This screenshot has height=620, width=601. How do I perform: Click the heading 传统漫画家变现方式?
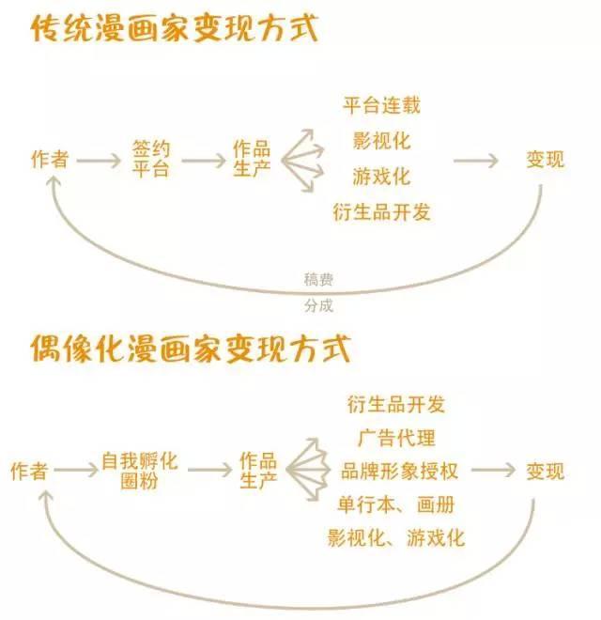click(x=175, y=28)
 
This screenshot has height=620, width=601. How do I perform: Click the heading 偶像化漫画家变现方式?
click(x=191, y=349)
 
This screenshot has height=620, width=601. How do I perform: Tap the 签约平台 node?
click(x=150, y=159)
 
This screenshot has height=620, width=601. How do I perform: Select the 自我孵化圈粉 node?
click(x=140, y=471)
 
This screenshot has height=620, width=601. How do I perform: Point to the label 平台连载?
click(x=381, y=105)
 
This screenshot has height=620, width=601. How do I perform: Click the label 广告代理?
click(x=396, y=438)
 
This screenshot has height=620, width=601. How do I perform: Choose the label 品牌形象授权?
click(x=399, y=471)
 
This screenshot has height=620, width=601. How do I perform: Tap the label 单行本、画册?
click(x=395, y=504)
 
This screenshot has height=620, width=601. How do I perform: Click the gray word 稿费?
click(x=318, y=280)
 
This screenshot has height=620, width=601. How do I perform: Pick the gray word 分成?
click(x=318, y=305)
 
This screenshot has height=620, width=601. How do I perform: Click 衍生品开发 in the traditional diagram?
click(x=381, y=212)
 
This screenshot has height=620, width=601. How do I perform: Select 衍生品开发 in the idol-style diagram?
click(x=396, y=405)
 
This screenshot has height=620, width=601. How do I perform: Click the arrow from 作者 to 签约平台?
click(x=99, y=161)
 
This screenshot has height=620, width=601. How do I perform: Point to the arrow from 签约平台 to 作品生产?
click(x=204, y=161)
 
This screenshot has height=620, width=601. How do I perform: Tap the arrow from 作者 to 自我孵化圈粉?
click(x=76, y=470)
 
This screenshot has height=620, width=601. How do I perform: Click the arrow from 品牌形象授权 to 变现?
click(x=493, y=470)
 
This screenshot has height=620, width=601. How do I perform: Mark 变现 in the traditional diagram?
click(x=545, y=160)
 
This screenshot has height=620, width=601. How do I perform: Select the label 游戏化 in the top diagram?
click(x=381, y=177)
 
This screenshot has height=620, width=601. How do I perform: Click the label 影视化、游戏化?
click(x=395, y=537)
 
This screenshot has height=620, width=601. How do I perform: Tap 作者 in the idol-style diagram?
click(x=30, y=471)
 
